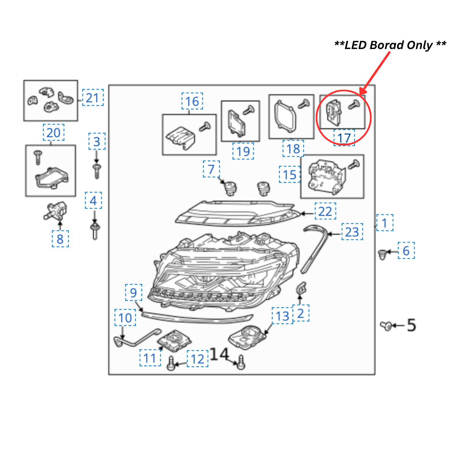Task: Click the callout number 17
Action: pos(344,138)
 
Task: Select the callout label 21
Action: pos(93,98)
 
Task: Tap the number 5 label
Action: pos(411,325)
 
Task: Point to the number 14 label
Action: pos(219,354)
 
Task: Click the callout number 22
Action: pos(325,211)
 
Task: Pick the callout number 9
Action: pos(133,293)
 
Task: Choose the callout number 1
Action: pos(384,223)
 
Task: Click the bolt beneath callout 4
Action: pos(95,231)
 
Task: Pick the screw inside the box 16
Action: pos(205,126)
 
